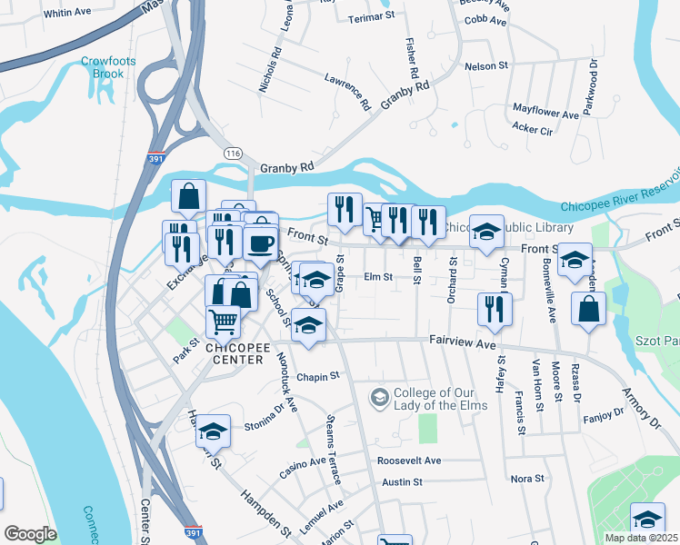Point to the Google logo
[x=31, y=534]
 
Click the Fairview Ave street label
[x=462, y=344]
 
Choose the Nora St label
[x=527, y=478]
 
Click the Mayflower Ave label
[x=545, y=115]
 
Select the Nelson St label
[x=485, y=66]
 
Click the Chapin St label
[x=317, y=375]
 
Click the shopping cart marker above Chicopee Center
[x=223, y=320]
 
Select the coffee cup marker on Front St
[x=261, y=243]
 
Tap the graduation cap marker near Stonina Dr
[x=214, y=431]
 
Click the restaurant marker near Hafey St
[x=495, y=308]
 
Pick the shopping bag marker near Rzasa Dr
[x=588, y=308]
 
